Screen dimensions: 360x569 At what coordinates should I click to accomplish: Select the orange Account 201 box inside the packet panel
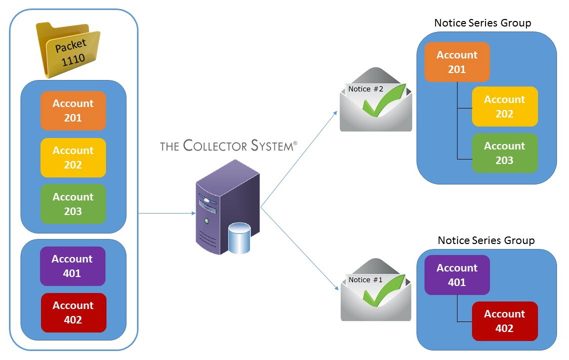coord(73,110)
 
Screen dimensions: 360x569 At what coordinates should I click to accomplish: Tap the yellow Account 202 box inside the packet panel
coord(73,157)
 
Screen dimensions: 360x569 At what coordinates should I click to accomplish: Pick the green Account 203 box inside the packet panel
coord(73,204)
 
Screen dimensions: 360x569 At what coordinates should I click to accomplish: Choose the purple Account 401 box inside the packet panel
coord(72,266)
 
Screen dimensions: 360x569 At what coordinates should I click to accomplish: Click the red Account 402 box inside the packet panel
coord(73,312)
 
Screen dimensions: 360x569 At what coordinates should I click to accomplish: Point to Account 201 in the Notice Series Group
coord(457,62)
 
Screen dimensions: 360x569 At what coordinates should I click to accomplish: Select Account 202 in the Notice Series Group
coord(504,106)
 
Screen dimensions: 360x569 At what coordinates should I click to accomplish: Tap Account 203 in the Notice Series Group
coord(504,153)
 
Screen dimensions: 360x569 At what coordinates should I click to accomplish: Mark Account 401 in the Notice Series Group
coord(457,275)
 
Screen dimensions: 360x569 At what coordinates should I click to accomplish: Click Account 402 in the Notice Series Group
coord(504,321)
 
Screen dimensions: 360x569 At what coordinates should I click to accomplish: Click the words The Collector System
coord(228,146)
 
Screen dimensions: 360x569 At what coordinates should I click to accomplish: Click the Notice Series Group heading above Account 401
coord(486,240)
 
